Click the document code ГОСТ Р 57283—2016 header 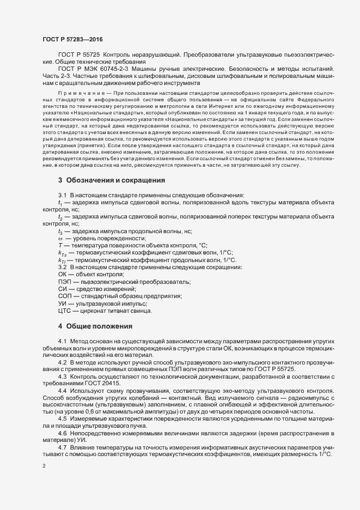(x=72, y=40)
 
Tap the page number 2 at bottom (x=44, y=467)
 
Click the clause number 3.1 (x=62, y=210)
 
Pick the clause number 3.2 (x=62, y=267)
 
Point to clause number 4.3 (x=62, y=377)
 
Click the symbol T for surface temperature (x=59, y=245)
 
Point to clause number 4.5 (x=62, y=419)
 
